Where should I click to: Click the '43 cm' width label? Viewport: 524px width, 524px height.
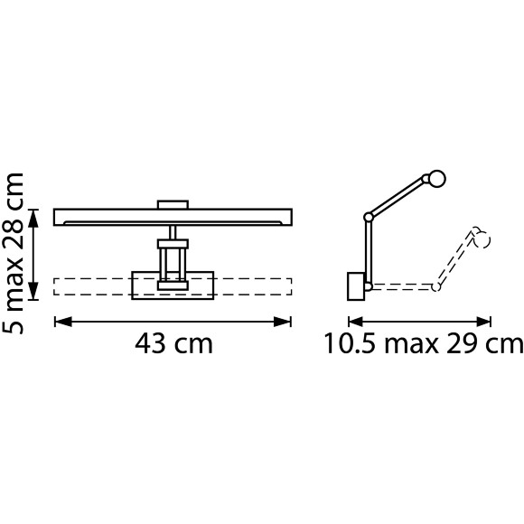[173, 344]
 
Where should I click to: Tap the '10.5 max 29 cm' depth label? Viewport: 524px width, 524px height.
[423, 344]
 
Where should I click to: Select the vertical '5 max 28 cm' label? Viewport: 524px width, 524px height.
[14, 253]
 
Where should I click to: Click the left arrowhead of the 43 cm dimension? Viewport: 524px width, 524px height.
[63, 323]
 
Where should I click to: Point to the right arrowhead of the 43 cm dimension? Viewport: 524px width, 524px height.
[283, 323]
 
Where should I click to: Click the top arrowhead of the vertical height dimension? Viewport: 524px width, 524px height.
[33, 218]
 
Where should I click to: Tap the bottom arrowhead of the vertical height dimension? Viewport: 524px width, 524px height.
[33, 291]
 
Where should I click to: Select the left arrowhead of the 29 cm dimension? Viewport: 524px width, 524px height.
[356, 323]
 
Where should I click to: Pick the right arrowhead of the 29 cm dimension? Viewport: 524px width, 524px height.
[483, 323]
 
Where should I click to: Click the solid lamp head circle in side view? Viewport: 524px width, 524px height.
[436, 179]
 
